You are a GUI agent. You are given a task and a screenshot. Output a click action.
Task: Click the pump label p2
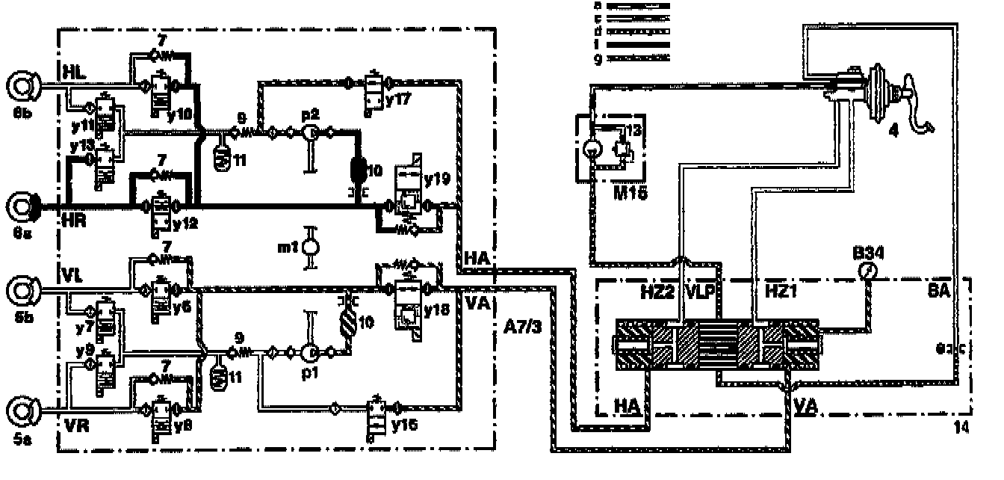click(x=311, y=114)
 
